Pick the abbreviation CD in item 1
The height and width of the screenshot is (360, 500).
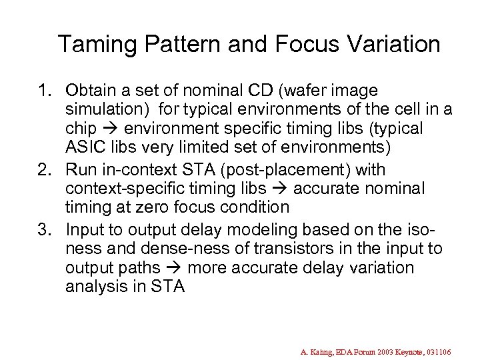(x=270, y=90)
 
